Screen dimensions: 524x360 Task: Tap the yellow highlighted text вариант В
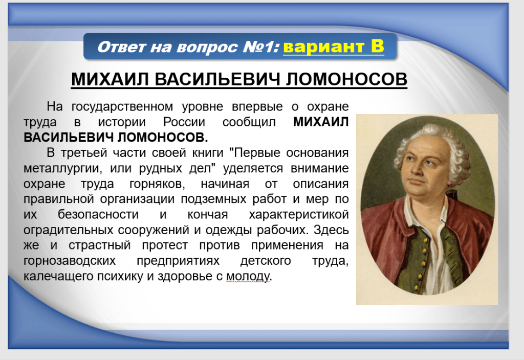pos(334,46)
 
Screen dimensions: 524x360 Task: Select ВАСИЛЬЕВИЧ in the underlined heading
pos(217,79)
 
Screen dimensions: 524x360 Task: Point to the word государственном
pos(122,107)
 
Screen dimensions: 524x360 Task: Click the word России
pos(184,122)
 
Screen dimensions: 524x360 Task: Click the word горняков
pos(157,184)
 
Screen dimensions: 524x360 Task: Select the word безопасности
pos(98,214)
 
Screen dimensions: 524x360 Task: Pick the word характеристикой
pos(299,215)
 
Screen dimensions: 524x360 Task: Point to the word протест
pos(165,245)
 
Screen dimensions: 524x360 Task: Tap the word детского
pos(266,260)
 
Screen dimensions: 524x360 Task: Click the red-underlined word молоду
pos(248,277)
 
